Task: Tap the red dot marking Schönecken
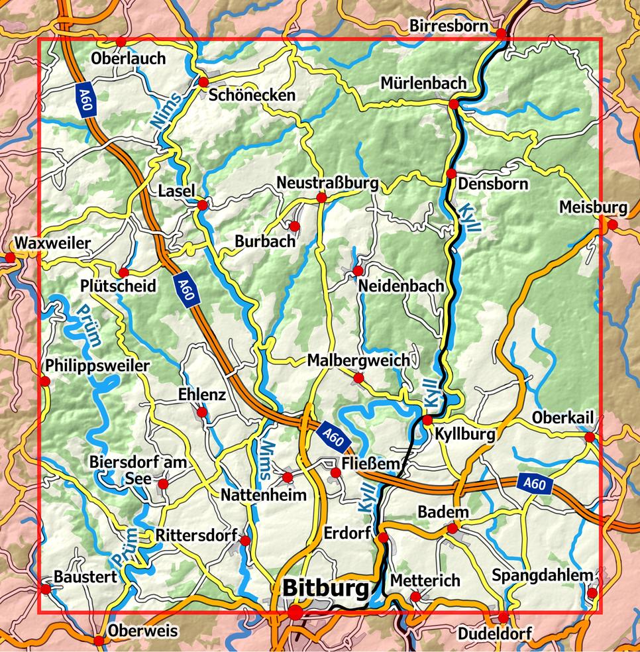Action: coord(203,82)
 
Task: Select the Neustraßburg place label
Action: coord(327,182)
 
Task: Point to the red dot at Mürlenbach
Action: coord(454,104)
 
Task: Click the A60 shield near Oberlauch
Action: coord(84,100)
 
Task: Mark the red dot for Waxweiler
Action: coord(10,257)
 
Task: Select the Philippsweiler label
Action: coord(98,366)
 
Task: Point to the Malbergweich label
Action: coord(358,360)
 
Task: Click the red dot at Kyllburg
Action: coord(427,419)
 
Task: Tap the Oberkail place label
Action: coord(562,419)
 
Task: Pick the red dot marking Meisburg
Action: coord(612,225)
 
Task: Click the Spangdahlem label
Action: coord(542,575)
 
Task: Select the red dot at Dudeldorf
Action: coord(503,618)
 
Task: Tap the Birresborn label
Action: coord(449,25)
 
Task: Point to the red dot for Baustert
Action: coord(46,588)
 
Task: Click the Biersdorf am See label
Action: coord(138,470)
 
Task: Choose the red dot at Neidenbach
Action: coord(358,270)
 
